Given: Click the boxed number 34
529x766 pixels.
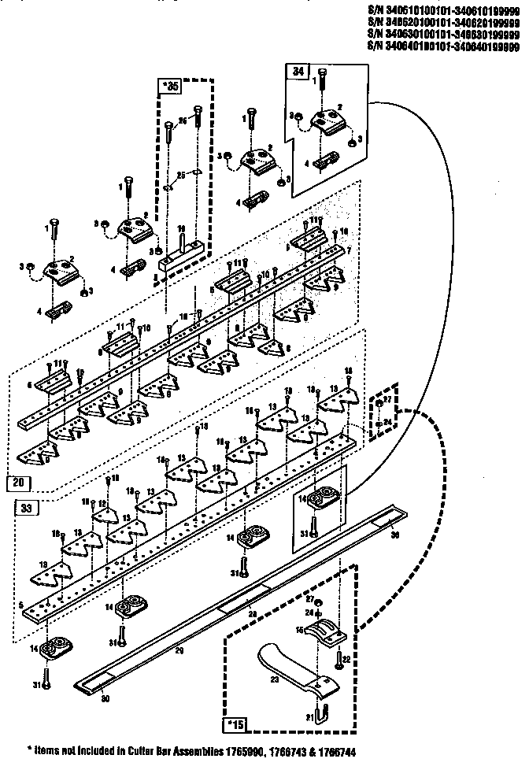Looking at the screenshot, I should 298,71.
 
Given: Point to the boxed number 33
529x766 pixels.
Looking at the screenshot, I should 25,509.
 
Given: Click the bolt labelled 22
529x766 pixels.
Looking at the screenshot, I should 338,658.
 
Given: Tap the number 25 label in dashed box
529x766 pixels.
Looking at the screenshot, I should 180,174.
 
